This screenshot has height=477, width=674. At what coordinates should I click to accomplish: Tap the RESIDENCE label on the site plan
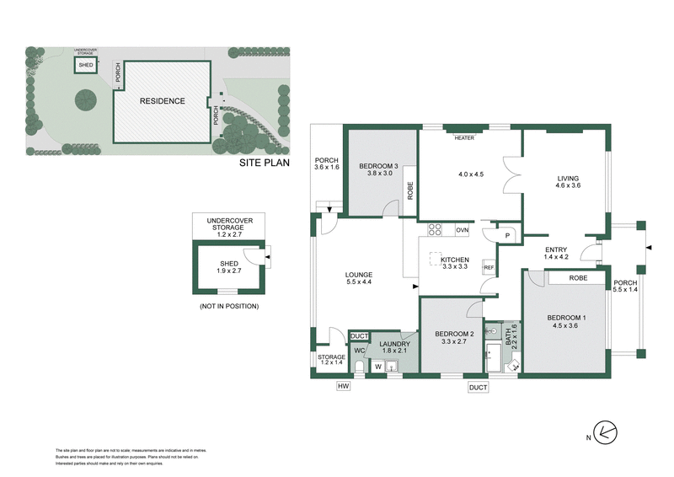pos(162,100)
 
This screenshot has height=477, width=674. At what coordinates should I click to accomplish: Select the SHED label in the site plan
pos(86,66)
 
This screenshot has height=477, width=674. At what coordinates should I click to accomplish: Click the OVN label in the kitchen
pos(462,229)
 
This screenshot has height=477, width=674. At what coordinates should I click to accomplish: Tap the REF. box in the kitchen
pos(488,267)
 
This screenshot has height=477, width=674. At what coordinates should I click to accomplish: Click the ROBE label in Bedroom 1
pos(578,277)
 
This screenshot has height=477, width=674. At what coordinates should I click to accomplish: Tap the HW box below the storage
pos(343,386)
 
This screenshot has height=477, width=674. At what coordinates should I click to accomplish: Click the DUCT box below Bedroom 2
pos(478,387)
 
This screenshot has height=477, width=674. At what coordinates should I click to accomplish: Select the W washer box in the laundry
pos(378,367)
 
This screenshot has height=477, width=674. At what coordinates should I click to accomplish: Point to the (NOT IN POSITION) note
pos(229,305)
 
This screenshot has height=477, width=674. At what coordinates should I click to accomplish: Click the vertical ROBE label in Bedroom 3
pos(410,190)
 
